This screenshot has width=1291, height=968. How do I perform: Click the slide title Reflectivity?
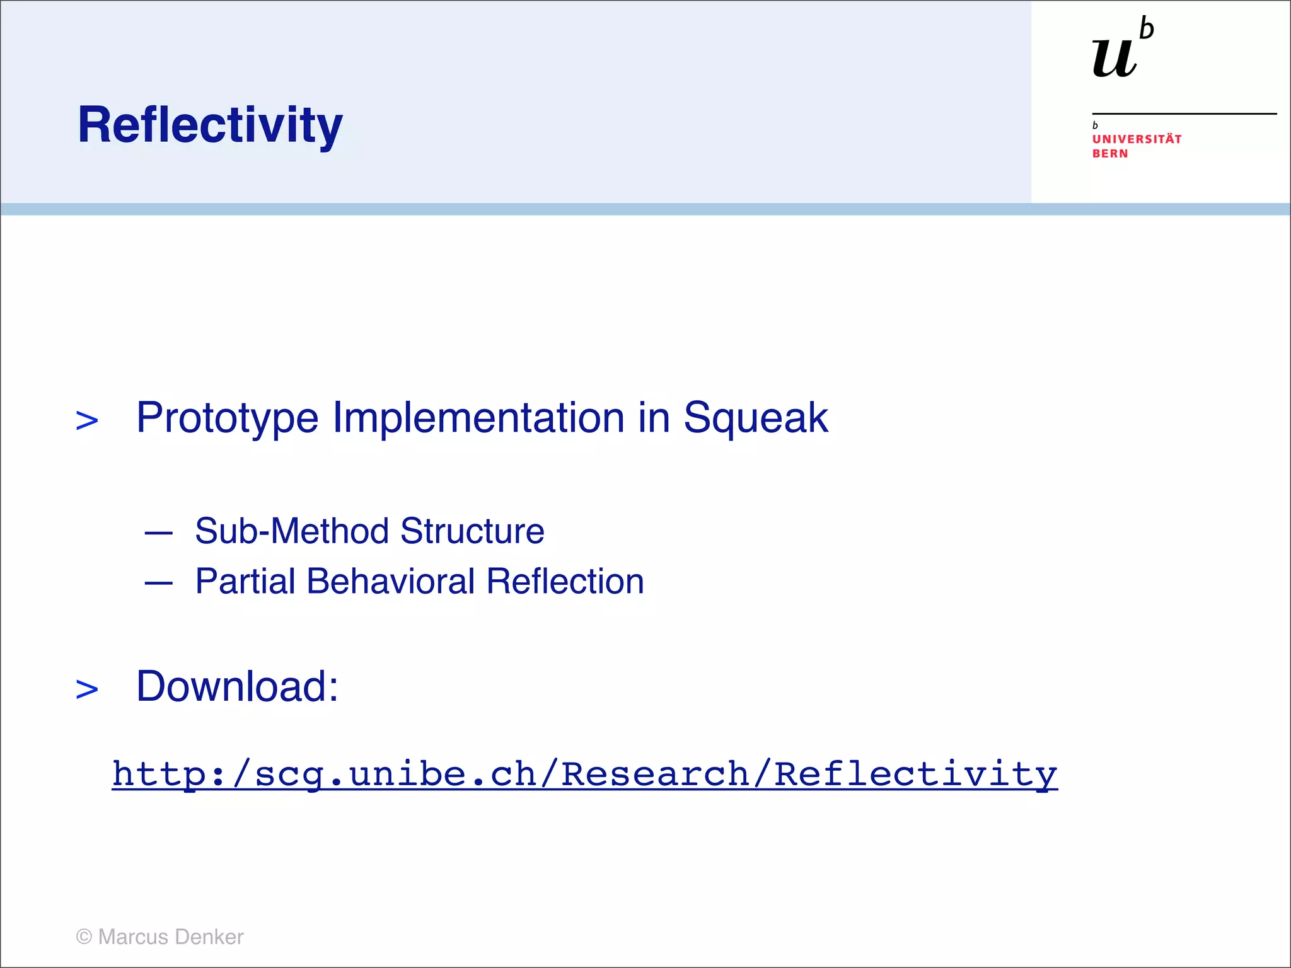point(210,125)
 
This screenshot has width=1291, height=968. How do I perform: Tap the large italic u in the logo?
point(1114,59)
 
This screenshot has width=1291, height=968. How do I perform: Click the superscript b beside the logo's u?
point(1147,29)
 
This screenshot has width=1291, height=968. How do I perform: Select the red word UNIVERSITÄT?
point(1137,139)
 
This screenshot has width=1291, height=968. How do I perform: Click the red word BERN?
point(1109,154)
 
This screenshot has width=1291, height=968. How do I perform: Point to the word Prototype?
point(228,418)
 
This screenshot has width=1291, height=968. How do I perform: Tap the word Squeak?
point(755,418)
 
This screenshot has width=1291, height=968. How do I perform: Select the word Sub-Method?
point(291,531)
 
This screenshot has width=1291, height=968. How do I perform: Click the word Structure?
point(472,531)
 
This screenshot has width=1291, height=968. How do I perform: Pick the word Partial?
point(245,581)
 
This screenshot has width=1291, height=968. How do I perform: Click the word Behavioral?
point(390,581)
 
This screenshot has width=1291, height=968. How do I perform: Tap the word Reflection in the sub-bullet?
point(565,581)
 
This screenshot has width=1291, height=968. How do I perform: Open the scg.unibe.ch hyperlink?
point(584,774)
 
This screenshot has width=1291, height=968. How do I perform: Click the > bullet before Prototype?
point(87,421)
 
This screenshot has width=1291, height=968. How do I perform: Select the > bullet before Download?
point(87,689)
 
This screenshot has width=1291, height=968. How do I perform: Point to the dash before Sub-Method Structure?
point(158,533)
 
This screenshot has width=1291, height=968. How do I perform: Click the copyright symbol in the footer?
point(84,936)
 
